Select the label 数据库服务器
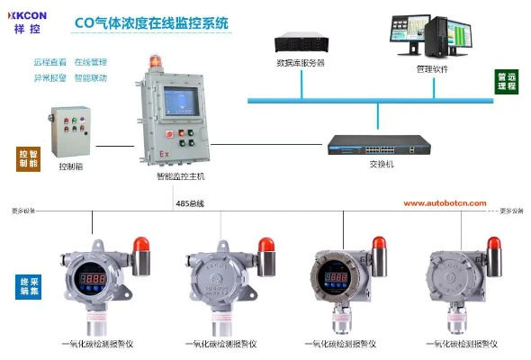coord(301,63)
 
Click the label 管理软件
coord(432,67)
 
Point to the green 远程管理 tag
coord(505,82)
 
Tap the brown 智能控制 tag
coord(28,159)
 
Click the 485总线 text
coord(190,205)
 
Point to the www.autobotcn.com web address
coord(444,203)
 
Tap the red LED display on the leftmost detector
coord(93,279)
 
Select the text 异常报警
coord(49,78)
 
